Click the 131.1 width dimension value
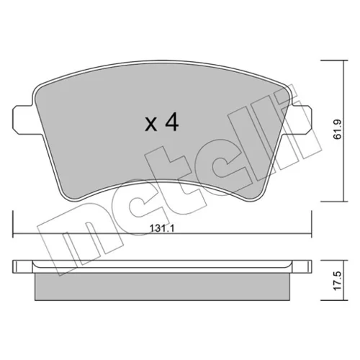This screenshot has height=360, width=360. pyautogui.click(x=162, y=228)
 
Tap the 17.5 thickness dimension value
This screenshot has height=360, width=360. pyautogui.click(x=338, y=281)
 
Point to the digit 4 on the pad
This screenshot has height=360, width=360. pyautogui.click(x=172, y=122)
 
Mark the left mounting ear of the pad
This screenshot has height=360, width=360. pyautogui.click(x=23, y=120)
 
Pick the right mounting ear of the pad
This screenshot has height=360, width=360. pyautogui.click(x=301, y=120)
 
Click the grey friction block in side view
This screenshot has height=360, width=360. pyautogui.click(x=162, y=287)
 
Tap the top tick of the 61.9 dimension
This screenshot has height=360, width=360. pyautogui.click(x=334, y=60)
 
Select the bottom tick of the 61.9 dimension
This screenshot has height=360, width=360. pyautogui.click(x=334, y=202)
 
